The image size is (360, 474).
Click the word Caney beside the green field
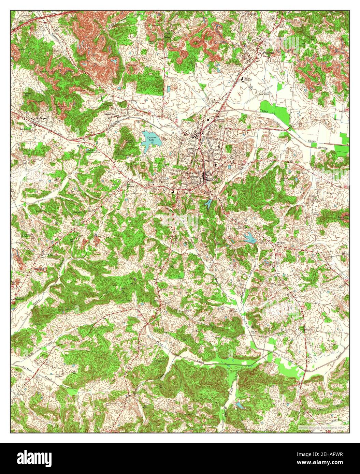(x=263, y=111)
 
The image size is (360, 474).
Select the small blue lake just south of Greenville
(x=207, y=204)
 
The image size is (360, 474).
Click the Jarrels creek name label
(x=19, y=370)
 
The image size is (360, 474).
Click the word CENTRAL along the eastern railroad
(x=324, y=147)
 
